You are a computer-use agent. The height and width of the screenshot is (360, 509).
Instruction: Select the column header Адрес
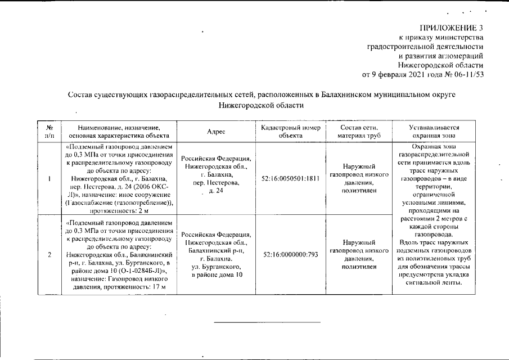(x=216, y=132)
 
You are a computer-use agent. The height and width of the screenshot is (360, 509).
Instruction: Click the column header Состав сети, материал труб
(x=358, y=132)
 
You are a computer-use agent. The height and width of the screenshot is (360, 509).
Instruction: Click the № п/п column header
(x=49, y=132)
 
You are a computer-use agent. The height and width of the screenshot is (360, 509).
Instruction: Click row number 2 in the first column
(x=49, y=254)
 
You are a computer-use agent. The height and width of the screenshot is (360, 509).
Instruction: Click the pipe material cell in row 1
(x=358, y=178)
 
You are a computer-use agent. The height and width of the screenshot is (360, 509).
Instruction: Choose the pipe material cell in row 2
(x=358, y=254)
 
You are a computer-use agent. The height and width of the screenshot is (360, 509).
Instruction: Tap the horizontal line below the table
(x=267, y=322)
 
